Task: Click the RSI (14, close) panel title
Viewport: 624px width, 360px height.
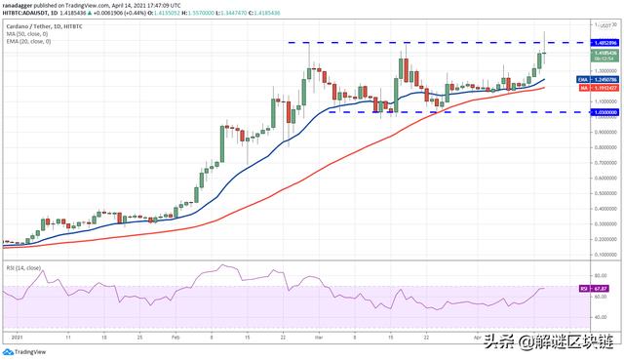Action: (23, 267)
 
